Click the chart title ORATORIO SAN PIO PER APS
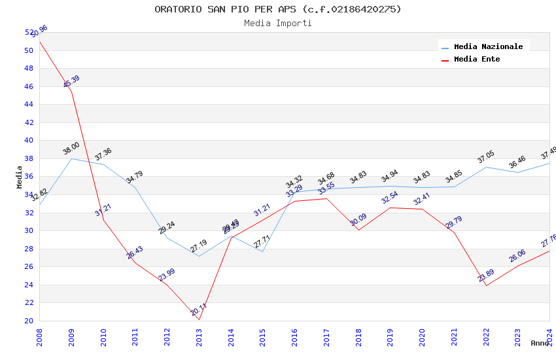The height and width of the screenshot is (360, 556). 278,9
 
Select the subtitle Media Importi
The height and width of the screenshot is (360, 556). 278,23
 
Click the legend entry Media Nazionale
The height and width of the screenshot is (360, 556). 488,46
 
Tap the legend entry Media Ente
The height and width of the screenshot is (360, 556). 477,59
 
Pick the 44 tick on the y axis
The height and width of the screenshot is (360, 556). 28,104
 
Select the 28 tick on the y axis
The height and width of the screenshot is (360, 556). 28,249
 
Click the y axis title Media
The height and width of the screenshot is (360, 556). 20,177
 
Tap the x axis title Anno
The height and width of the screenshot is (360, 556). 540,343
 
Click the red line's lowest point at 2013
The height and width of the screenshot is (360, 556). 199,319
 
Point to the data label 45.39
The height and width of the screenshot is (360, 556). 71,82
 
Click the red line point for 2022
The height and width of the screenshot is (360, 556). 486,285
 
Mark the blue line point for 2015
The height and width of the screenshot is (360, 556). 262,251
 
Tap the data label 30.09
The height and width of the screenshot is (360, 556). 358,220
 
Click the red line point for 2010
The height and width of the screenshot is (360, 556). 103,220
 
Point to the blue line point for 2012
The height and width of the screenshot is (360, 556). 167,238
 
